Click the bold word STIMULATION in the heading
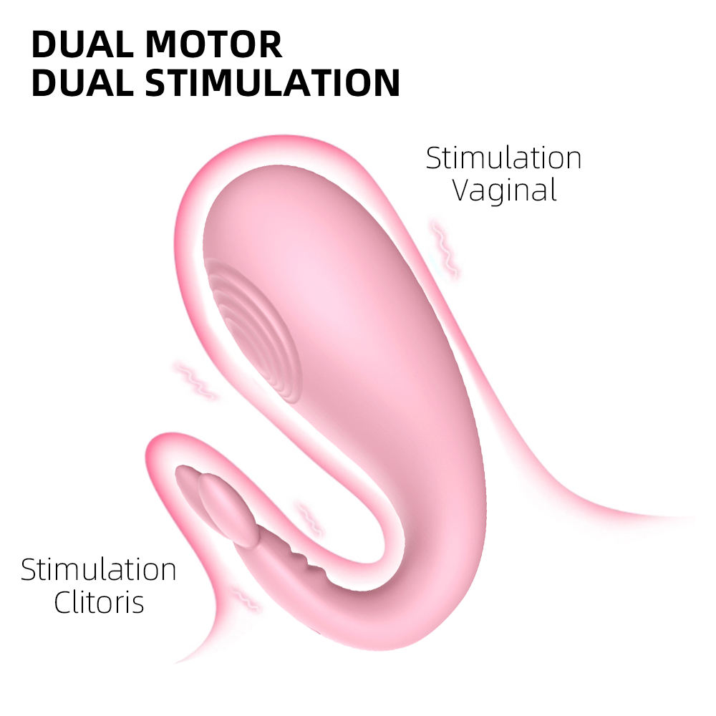coord(272,83)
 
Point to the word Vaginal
coord(505,190)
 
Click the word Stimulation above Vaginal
coord(503,158)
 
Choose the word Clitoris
coord(99,602)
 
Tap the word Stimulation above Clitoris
coord(99,570)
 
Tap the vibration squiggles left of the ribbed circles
coord(195,380)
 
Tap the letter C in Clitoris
coord(63,602)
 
